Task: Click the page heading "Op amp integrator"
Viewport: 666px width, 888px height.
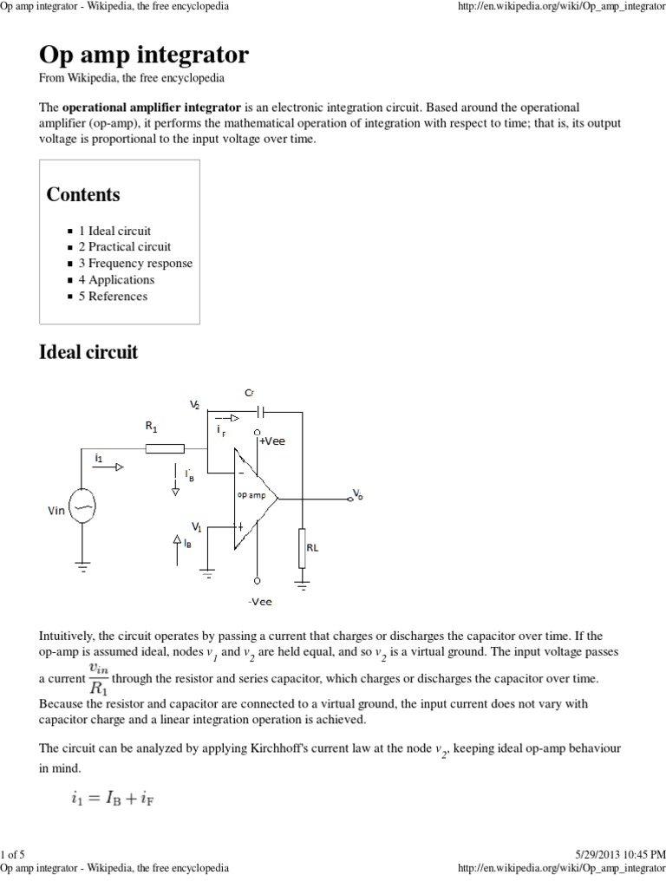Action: (144, 55)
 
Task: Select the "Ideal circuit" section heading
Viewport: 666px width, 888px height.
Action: (88, 353)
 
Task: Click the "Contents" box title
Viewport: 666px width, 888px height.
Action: (83, 194)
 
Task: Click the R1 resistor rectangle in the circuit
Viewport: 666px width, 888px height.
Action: (165, 448)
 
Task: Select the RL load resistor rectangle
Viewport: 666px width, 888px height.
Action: (302, 547)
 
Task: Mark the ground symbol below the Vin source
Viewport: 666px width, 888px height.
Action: (83, 565)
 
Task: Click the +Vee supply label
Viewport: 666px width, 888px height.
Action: (271, 441)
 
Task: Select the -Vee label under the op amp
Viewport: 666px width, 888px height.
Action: (259, 601)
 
